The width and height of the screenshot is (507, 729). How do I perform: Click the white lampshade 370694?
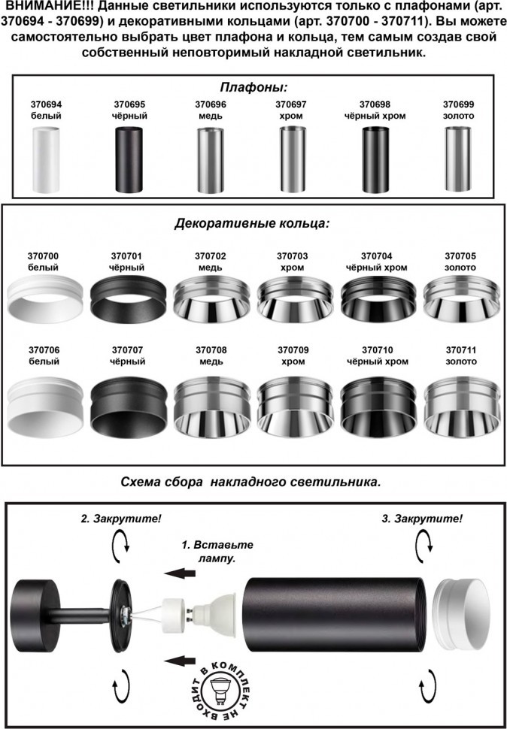(46, 159)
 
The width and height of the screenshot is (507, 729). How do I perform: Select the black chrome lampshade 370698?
(375, 159)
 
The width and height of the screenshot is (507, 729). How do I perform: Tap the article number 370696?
(211, 104)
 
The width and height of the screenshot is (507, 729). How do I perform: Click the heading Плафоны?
(254, 87)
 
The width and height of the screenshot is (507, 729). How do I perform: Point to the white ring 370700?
(46, 301)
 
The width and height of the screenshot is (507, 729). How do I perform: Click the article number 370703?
(293, 256)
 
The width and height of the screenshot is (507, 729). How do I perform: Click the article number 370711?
(460, 349)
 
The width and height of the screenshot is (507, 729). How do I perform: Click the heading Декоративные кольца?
(252, 224)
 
